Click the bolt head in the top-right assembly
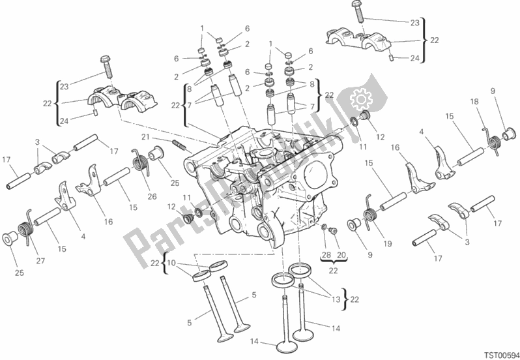point(356,7)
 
